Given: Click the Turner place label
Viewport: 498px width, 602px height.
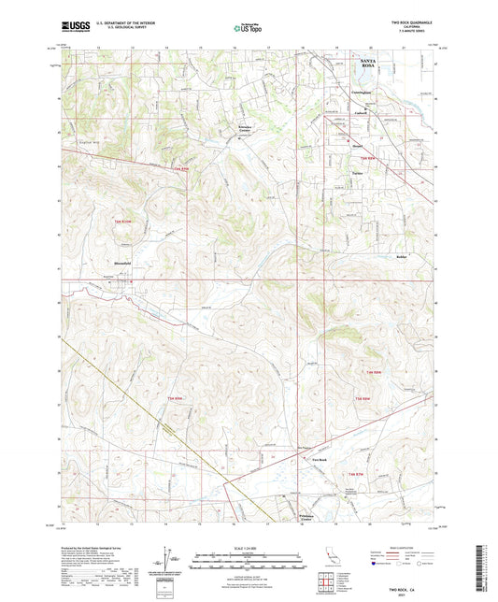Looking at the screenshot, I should pyautogui.click(x=355, y=174).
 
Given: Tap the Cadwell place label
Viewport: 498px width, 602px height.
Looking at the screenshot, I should pyautogui.click(x=359, y=113).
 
